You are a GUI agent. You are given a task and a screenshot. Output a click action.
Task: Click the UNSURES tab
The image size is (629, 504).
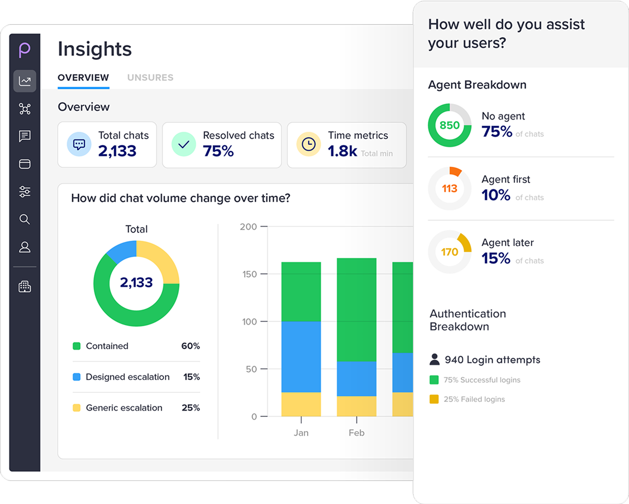point(150,78)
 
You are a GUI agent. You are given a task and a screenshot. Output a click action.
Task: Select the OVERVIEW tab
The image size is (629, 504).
point(83,78)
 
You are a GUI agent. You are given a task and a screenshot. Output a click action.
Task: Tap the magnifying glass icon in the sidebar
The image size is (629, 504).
point(25,219)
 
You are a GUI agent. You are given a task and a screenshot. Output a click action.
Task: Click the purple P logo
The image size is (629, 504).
point(25,50)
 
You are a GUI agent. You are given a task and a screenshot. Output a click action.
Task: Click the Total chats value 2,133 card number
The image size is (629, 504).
point(117,151)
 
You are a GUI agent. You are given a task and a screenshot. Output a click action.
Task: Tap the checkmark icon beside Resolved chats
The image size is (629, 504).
point(183,144)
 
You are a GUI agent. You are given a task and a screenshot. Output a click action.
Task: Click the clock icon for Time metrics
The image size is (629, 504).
point(309,144)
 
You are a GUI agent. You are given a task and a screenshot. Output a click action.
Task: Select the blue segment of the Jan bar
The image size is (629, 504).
point(301,357)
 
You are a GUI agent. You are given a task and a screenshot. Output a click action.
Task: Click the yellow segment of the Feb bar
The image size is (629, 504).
point(356,406)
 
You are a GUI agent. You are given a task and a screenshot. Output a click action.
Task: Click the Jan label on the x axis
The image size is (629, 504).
point(301,433)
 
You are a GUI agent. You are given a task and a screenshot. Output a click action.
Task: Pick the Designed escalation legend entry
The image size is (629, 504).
point(127,377)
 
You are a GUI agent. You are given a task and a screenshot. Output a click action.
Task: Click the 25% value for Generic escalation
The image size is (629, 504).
point(191,408)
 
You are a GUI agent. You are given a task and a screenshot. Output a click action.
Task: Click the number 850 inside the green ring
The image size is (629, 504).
point(450,125)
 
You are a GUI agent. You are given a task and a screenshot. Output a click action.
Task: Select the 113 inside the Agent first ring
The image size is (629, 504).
point(450,188)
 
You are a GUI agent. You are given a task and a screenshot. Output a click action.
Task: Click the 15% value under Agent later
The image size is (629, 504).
point(496,258)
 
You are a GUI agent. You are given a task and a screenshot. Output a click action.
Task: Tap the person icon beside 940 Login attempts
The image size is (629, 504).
point(435,360)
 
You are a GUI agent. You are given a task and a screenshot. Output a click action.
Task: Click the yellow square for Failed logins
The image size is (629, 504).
point(434,399)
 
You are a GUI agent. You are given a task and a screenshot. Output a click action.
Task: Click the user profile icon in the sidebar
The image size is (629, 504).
point(25,247)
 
